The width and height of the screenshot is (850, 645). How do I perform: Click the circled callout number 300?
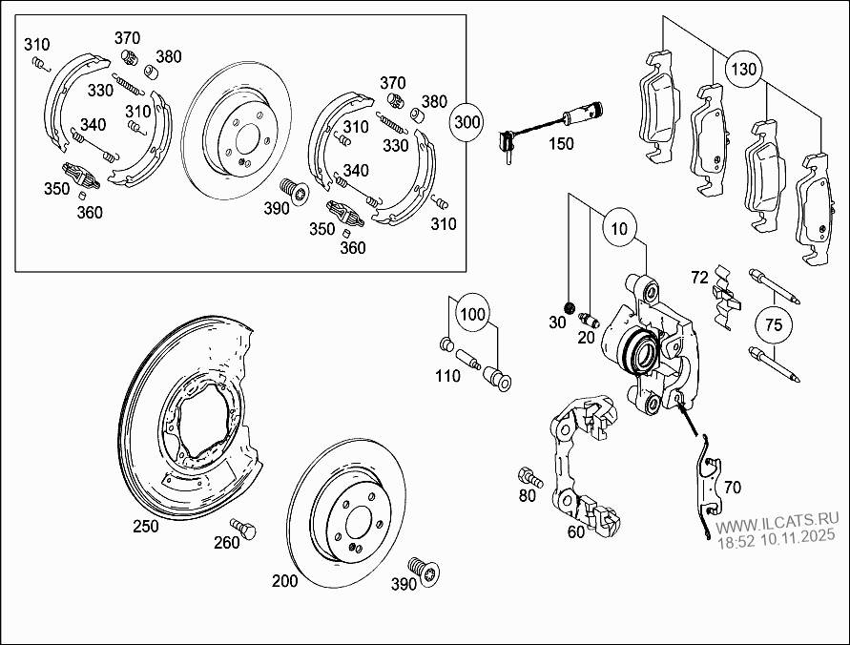pyautogui.click(x=468, y=122)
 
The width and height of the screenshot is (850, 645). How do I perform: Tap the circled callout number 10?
pyautogui.click(x=620, y=229)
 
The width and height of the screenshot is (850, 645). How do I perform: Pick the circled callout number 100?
pyautogui.click(x=471, y=313)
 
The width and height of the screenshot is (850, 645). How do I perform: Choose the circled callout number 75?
pyautogui.click(x=774, y=325)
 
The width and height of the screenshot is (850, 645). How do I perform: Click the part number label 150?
pyautogui.click(x=560, y=144)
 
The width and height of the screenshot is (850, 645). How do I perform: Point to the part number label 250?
pyautogui.click(x=146, y=526)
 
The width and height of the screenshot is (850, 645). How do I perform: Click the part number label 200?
pyautogui.click(x=285, y=580)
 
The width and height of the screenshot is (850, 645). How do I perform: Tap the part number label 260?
pyautogui.click(x=226, y=544)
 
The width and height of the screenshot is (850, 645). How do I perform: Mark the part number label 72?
pyautogui.click(x=699, y=277)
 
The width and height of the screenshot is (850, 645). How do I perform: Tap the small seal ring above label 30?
pyautogui.click(x=569, y=307)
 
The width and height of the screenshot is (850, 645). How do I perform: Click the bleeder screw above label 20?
pyautogui.click(x=588, y=318)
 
